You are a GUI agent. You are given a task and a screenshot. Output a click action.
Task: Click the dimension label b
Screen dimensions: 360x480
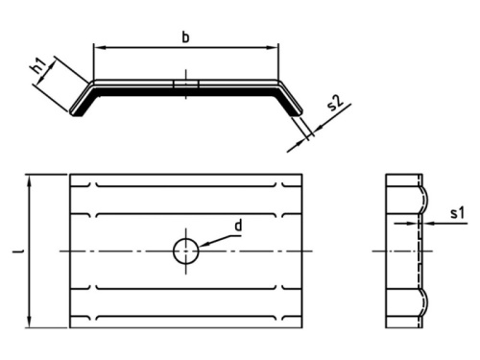pyautogui.click(x=185, y=36)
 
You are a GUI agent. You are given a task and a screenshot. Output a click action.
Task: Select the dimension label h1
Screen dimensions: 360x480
pyautogui.click(x=39, y=67)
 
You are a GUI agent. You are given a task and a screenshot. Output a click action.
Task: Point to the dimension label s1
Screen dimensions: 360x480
pyautogui.click(x=458, y=212)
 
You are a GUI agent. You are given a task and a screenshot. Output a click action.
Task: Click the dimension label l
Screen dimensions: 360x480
pyautogui.click(x=18, y=252)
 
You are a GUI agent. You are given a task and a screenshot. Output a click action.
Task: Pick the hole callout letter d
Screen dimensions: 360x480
pyautogui.click(x=239, y=227)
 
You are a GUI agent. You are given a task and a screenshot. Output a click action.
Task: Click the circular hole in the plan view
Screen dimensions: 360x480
pyautogui.click(x=185, y=252)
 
